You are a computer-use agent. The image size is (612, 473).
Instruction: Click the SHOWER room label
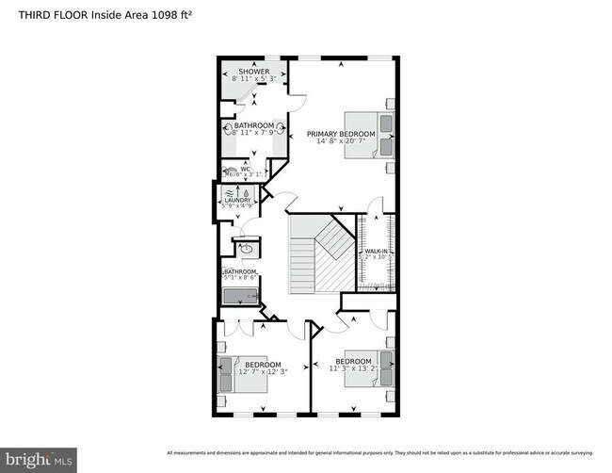click(253, 72)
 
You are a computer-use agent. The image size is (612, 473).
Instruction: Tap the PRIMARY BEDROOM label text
click(341, 135)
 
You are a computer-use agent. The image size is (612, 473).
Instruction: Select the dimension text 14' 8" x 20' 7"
click(341, 142)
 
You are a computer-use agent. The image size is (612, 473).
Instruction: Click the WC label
click(245, 170)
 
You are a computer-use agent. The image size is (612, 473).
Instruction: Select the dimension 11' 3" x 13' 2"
click(353, 369)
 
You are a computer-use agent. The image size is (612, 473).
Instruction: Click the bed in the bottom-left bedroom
click(231, 375)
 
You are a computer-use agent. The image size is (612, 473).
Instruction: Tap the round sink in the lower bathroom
click(246, 250)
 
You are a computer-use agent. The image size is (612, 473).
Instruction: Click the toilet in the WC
click(229, 172)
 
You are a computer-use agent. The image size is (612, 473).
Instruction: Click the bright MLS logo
click(39, 461)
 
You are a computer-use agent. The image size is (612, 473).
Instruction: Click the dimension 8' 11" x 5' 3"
click(253, 79)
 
